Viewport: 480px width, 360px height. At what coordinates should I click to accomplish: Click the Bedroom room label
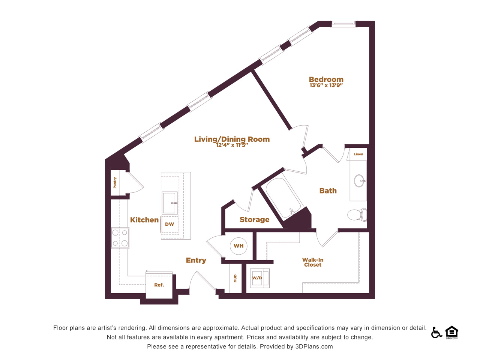point(326,79)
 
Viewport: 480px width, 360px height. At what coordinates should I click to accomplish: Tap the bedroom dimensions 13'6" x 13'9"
point(326,85)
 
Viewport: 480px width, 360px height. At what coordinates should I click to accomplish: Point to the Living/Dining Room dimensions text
point(232,145)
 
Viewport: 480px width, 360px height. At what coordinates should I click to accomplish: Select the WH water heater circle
point(238,246)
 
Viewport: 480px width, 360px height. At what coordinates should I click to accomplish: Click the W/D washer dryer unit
point(259,278)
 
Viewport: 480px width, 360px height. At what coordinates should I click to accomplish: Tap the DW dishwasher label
point(169,224)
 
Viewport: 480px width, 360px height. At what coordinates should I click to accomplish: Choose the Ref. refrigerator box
point(159,285)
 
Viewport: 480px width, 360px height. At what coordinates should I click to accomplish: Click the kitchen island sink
point(170,203)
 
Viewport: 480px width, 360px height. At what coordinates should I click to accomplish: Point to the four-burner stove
point(120,238)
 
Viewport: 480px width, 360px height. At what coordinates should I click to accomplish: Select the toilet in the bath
point(357,214)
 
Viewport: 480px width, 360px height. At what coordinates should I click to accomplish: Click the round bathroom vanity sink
point(360,180)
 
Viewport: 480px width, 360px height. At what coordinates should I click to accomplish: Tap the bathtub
point(283,198)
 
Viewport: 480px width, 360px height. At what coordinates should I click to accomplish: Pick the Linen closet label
point(358,154)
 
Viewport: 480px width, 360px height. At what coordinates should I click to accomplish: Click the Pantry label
point(115,183)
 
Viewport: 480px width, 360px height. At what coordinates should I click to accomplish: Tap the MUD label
point(235,278)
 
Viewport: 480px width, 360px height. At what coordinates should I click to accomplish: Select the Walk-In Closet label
point(313,262)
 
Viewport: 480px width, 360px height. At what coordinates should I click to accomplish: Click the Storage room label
point(255,219)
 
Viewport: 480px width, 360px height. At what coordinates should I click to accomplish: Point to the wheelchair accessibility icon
point(436,333)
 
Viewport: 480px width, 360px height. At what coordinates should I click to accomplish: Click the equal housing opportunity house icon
point(452,332)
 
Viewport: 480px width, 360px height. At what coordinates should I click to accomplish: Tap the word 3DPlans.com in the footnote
point(314,346)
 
